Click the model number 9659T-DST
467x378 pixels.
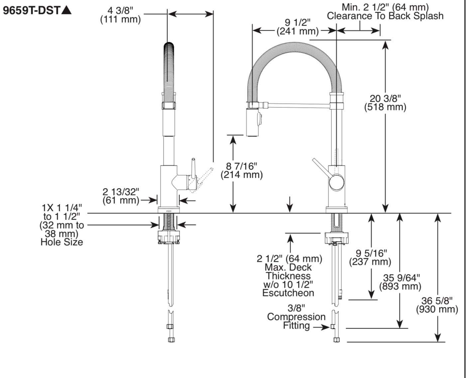(32, 10)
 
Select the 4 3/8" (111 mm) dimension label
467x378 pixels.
(120, 15)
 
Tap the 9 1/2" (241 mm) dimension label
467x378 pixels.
(297, 27)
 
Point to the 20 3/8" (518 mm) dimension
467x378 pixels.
(385, 103)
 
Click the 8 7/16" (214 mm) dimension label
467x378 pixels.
(242, 170)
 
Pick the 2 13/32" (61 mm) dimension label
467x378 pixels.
(121, 196)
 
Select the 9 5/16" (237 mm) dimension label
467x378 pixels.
(370, 258)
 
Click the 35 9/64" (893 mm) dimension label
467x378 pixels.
(401, 282)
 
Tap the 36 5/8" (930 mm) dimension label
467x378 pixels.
(437, 305)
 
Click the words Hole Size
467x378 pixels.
(62, 242)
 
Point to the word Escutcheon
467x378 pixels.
(288, 293)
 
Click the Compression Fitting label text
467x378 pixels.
(296, 317)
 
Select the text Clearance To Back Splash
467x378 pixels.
(385, 16)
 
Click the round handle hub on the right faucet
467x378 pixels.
(336, 182)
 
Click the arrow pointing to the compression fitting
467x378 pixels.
(321, 327)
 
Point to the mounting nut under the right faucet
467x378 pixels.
(336, 238)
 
